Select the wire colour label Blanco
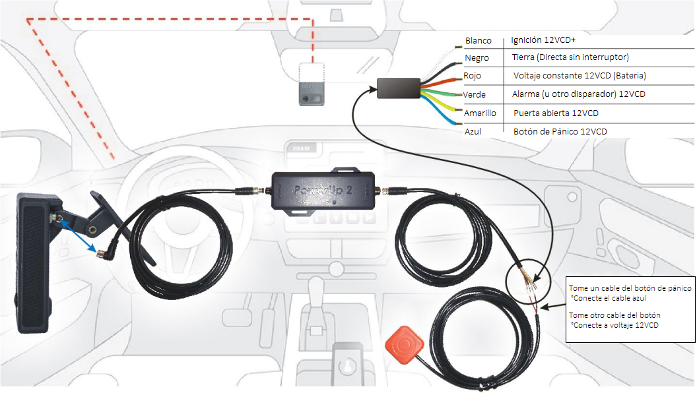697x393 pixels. point(478,41)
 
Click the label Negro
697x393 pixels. point(477,58)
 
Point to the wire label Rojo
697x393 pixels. point(473,76)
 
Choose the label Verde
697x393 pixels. point(475,94)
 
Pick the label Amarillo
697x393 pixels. point(480,113)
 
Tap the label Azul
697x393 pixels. point(473,132)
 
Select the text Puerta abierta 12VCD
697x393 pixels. point(556,113)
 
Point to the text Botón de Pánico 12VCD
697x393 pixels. point(560,131)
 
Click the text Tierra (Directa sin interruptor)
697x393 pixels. point(570,57)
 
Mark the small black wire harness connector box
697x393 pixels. point(398,88)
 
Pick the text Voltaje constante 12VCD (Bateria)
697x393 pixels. point(579,76)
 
